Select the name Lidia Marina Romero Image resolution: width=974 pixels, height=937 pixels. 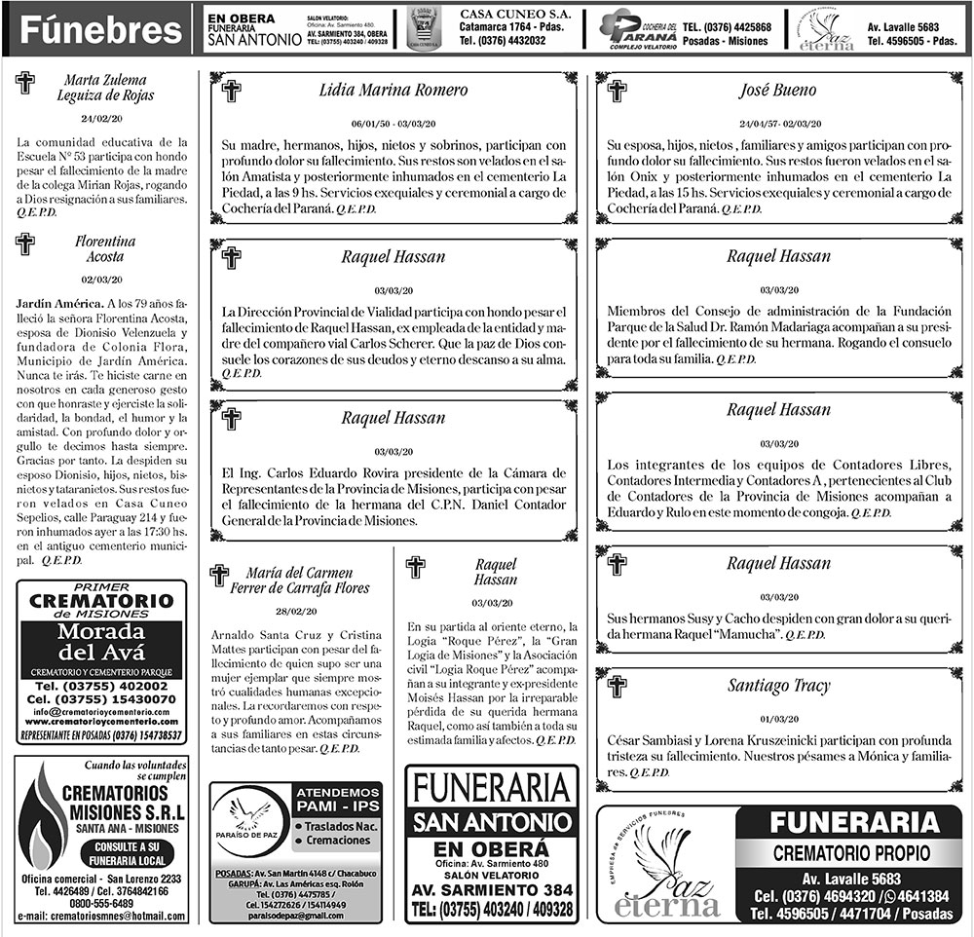tap(393, 91)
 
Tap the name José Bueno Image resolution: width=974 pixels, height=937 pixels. tap(777, 91)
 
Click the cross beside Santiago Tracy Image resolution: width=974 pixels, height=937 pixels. tap(616, 686)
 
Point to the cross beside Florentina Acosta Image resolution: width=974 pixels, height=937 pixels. tap(24, 244)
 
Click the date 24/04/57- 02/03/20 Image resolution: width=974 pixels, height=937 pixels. tap(777, 125)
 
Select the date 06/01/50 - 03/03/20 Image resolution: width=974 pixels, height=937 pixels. tap(393, 125)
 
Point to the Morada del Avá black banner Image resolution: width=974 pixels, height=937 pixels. tap(101, 644)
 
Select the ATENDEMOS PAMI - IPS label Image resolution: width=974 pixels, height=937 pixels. tap(336, 799)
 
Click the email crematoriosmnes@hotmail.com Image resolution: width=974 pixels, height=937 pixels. tap(101, 917)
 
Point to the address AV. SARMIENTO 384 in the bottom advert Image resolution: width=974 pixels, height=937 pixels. tap(491, 889)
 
